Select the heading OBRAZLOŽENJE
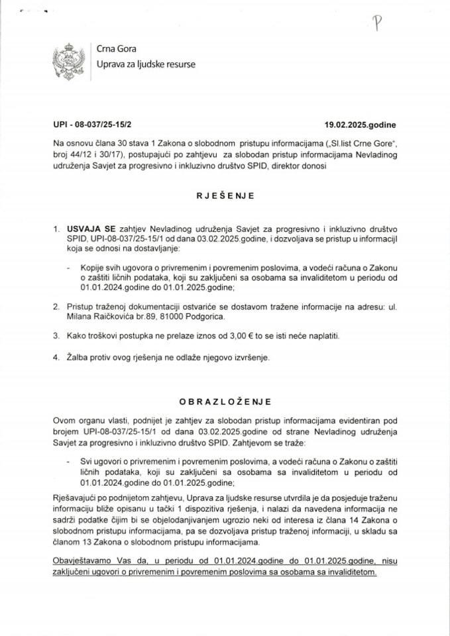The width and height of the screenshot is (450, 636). coord(224,401)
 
